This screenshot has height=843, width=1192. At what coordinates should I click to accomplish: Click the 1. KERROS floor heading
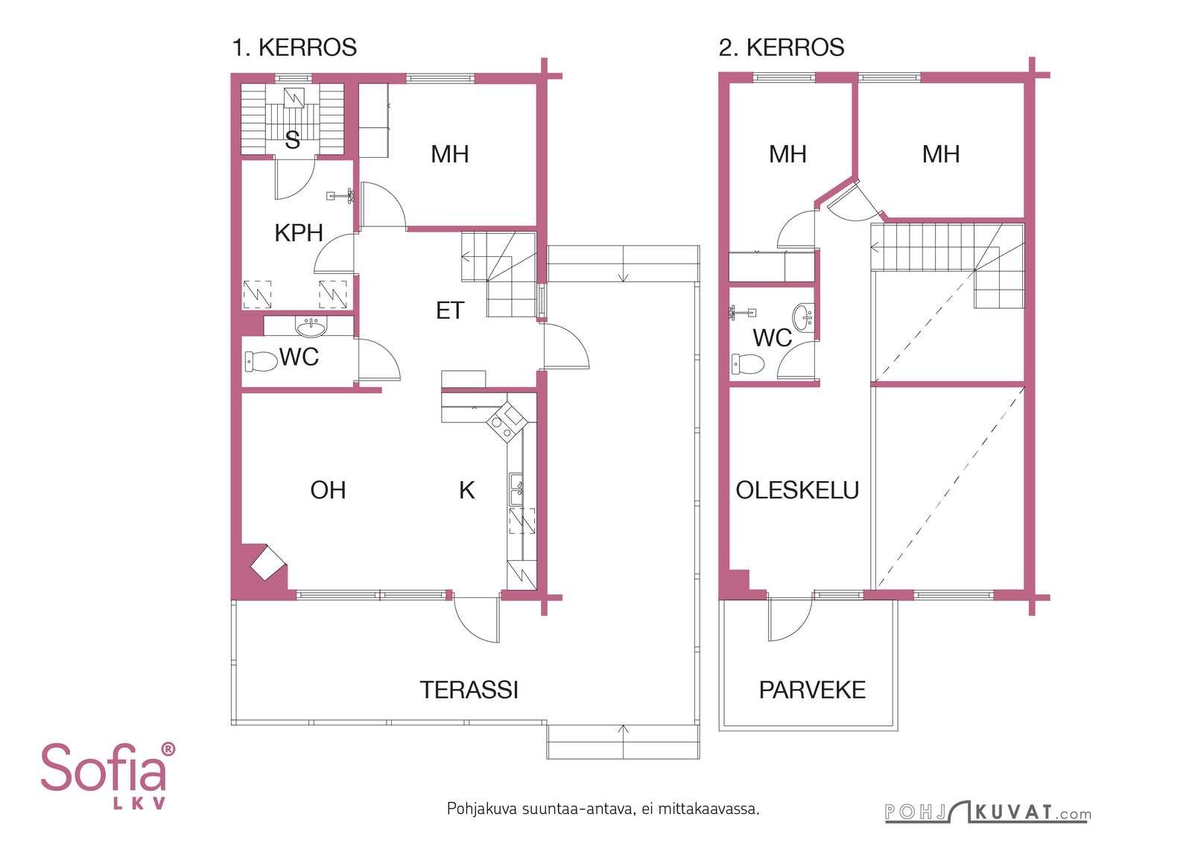click(294, 48)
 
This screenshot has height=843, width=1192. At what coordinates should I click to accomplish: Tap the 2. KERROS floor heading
click(782, 48)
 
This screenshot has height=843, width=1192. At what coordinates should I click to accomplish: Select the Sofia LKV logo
click(108, 776)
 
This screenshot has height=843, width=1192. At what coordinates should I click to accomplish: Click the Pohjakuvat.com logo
click(988, 812)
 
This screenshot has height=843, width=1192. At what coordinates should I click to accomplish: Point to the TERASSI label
click(469, 690)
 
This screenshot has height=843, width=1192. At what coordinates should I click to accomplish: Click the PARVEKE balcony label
click(812, 690)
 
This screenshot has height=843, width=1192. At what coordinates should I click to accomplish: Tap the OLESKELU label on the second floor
click(797, 490)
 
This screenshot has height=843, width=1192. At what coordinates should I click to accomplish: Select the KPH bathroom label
click(299, 233)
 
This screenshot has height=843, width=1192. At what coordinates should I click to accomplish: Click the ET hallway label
click(450, 311)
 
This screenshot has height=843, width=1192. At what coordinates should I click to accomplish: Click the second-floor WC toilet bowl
click(748, 364)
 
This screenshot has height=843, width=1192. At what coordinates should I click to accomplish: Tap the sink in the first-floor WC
click(311, 327)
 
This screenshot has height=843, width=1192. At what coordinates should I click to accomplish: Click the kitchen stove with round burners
click(507, 422)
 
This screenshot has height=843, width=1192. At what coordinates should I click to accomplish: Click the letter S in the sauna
click(292, 140)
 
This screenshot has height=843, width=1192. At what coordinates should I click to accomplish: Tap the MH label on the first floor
click(450, 154)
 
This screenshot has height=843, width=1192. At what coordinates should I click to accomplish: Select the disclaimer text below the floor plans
click(603, 809)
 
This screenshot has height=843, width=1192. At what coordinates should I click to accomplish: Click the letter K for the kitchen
click(466, 490)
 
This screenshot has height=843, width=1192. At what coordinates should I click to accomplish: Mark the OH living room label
click(328, 490)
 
